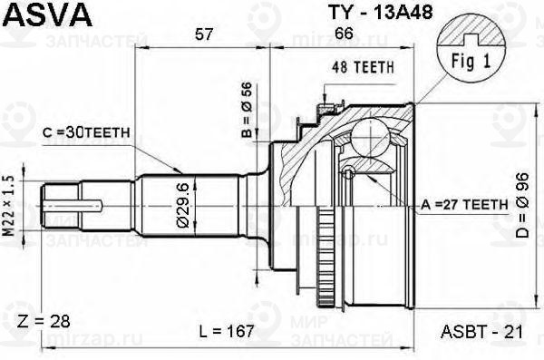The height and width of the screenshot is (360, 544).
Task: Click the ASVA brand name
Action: pos(48,15)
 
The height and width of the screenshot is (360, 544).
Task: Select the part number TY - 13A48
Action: pos(380,13)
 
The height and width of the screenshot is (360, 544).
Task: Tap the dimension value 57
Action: pos(203,34)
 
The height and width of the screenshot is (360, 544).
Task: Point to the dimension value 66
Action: pos(345,34)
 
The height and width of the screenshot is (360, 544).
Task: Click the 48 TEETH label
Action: pos(363,67)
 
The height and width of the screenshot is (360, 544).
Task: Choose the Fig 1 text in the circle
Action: pos(471,61)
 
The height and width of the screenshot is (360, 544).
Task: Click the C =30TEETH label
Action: pos(86,131)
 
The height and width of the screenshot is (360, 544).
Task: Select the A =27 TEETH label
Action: pos(464,205)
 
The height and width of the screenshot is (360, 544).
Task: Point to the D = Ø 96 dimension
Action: pos(522,205)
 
